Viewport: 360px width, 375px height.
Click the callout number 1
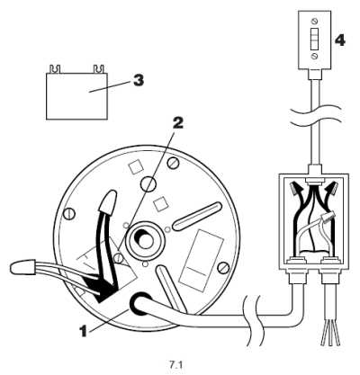point(85,331)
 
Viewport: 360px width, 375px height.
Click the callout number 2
point(177,122)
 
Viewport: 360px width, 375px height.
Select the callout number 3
point(139,80)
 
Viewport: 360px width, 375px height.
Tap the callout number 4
point(339,40)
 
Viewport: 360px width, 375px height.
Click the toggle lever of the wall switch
point(315,39)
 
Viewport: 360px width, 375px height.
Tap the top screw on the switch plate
point(315,21)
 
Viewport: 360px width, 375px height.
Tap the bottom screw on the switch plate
point(315,56)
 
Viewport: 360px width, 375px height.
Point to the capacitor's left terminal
point(55,69)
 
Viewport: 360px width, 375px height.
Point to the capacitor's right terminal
point(99,69)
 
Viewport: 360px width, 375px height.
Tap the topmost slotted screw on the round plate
point(173,164)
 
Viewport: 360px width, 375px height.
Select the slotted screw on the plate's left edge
point(68,214)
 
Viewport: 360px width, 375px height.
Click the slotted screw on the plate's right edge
point(223,268)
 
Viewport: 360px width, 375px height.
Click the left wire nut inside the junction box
point(297,188)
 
